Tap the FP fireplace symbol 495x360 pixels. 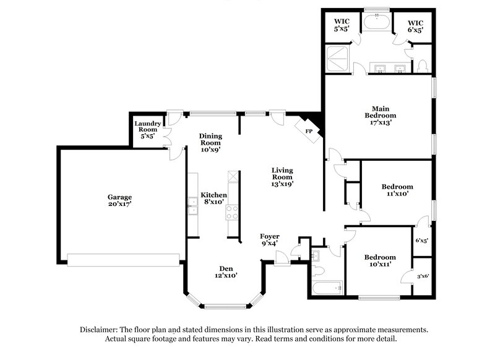[x=309, y=130]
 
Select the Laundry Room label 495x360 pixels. [x=148, y=130]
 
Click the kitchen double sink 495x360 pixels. [x=192, y=206]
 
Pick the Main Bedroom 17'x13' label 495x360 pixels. [x=380, y=115]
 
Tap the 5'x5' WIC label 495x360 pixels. [x=342, y=25]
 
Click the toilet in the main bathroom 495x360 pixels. [x=423, y=64]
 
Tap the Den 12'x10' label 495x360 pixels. [x=225, y=272]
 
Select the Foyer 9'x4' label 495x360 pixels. [x=269, y=240]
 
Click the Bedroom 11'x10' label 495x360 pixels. [x=397, y=190]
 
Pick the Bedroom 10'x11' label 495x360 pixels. [x=379, y=261]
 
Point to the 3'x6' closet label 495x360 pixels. [x=423, y=276]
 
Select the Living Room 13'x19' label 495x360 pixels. [x=282, y=176]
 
